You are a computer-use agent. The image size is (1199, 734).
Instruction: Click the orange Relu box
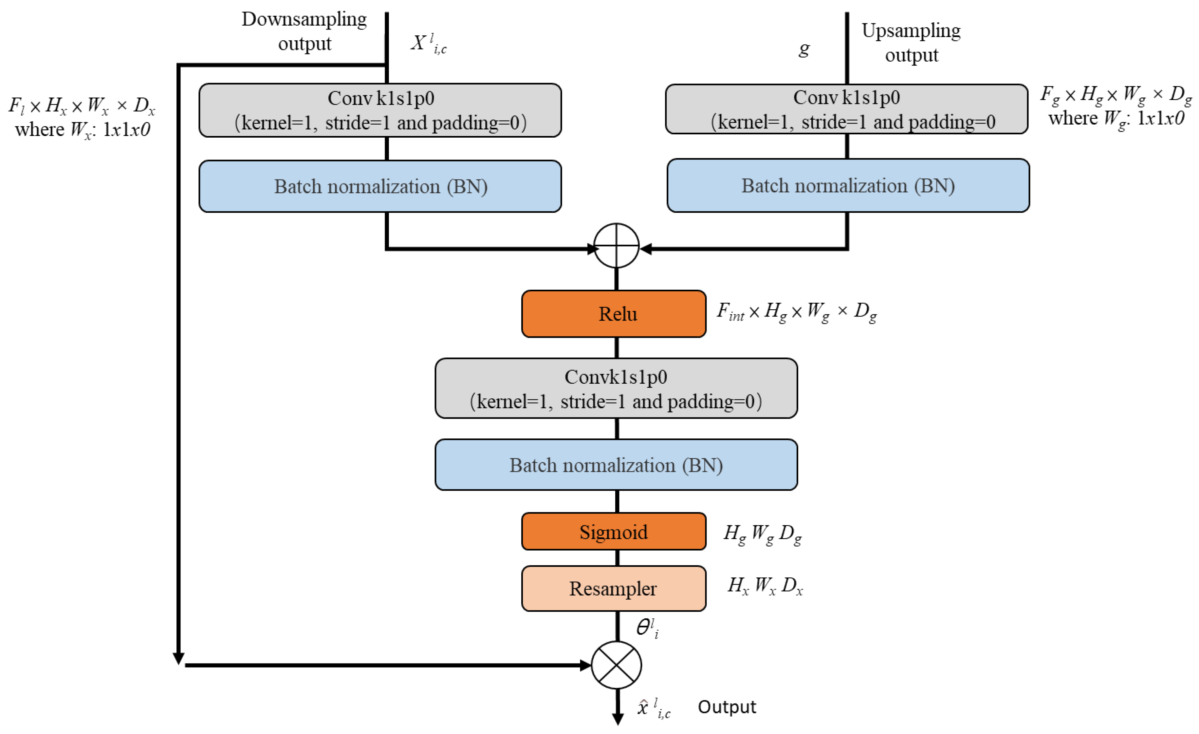click(x=614, y=314)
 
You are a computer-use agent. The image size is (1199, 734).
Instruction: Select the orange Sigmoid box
click(x=614, y=531)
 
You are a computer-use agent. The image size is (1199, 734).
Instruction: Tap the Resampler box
click(x=614, y=589)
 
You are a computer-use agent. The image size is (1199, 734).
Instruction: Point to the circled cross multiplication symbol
click(x=617, y=665)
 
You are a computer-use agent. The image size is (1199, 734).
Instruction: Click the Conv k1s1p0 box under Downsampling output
click(x=380, y=110)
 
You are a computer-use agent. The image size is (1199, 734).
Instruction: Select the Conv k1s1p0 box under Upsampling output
click(x=847, y=109)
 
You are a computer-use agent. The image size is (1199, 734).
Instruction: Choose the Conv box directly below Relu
click(x=616, y=388)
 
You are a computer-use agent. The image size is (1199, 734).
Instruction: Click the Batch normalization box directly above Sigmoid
click(x=616, y=465)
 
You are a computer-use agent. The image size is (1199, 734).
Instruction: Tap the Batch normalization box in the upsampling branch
click(x=848, y=185)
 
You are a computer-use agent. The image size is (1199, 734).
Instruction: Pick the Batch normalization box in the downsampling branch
click(x=380, y=186)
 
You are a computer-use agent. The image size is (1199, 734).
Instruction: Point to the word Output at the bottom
click(x=727, y=707)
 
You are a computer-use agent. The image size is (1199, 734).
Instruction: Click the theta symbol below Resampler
click(x=648, y=628)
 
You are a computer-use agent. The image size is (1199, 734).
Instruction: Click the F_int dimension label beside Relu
click(x=796, y=312)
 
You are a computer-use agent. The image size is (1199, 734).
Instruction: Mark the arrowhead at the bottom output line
click(x=618, y=719)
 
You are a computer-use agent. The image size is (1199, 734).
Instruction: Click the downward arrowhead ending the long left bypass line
click(x=178, y=659)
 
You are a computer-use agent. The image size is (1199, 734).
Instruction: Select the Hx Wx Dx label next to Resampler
click(x=765, y=586)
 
